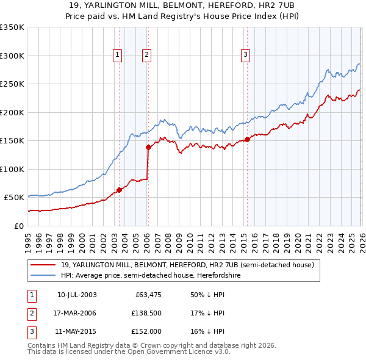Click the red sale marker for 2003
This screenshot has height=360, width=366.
[119, 190]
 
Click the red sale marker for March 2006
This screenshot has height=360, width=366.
[148, 147]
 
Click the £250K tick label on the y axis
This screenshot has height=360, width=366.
[12, 84]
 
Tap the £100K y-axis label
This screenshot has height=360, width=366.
[12, 169]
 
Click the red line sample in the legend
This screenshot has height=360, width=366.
[43, 265]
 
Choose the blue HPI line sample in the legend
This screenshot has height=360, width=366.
[43, 276]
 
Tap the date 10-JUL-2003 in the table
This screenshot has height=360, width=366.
[77, 295]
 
